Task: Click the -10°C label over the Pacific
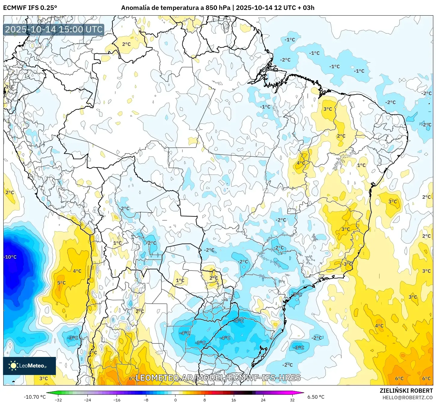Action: [10, 257]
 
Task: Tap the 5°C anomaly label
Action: [61, 283]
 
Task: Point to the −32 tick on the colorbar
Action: [58, 400]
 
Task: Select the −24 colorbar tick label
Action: [87, 400]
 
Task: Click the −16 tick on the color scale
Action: [117, 400]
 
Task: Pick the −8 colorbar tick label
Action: [146, 400]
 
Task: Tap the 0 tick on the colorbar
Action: [175, 400]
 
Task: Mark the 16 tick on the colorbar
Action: [234, 400]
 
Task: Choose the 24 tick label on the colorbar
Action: [263, 400]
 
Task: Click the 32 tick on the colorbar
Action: [292, 400]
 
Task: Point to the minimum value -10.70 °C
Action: [35, 397]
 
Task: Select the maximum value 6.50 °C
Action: [316, 397]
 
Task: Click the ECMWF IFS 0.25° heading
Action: [30, 8]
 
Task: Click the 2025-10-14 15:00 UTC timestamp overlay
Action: [54, 29]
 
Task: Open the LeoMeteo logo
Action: [29, 366]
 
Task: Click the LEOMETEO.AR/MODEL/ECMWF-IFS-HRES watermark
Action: [218, 378]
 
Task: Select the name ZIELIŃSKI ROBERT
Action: [406, 391]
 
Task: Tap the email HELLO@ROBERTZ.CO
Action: [407, 397]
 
